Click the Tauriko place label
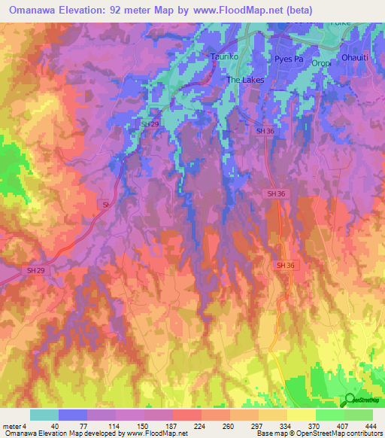(x=223, y=56)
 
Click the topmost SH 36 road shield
(x=265, y=131)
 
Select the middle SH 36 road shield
(x=276, y=193)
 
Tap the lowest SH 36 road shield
(x=284, y=266)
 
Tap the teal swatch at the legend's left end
(x=44, y=415)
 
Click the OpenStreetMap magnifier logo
(x=350, y=400)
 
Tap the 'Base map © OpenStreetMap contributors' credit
(x=317, y=434)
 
